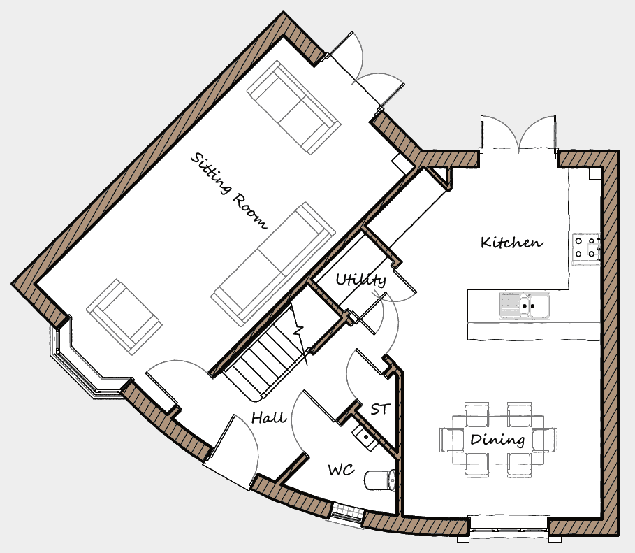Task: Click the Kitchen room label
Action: [512, 243]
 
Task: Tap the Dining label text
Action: [497, 440]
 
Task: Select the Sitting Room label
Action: [229, 191]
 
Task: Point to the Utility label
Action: [361, 280]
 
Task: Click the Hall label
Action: [269, 417]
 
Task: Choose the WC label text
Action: [342, 470]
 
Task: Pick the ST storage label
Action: [380, 409]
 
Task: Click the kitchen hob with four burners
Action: [585, 248]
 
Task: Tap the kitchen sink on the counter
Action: [525, 305]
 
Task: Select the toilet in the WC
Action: [380, 480]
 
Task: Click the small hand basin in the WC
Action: [364, 436]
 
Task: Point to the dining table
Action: [497, 440]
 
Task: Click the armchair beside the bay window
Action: [124, 317]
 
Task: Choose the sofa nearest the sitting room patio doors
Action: [293, 108]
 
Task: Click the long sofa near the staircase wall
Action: [273, 264]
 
